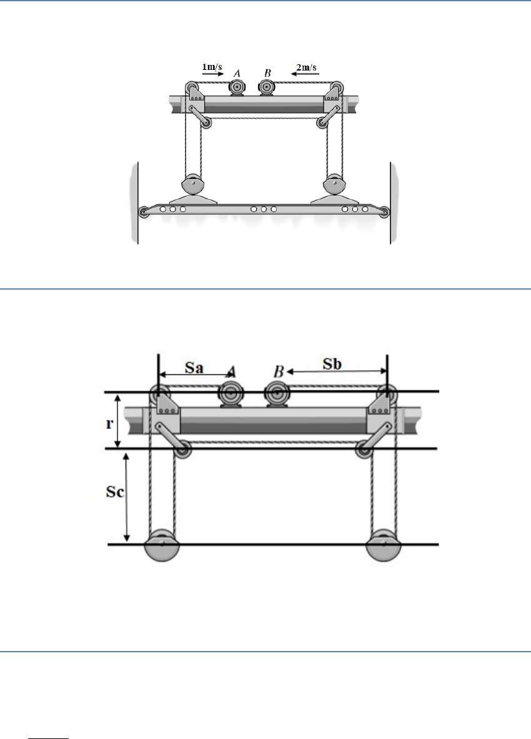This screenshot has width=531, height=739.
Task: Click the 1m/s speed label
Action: point(212,66)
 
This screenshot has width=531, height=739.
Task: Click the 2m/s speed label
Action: point(306,67)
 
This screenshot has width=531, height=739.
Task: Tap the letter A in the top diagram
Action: point(237,73)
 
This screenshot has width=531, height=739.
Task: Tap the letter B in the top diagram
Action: point(267,73)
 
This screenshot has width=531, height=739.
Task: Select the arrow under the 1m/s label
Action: point(213,74)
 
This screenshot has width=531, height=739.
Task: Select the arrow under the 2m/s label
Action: point(305,74)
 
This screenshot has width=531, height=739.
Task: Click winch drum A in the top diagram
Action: point(236,87)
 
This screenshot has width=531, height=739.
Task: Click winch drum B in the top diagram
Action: point(267,87)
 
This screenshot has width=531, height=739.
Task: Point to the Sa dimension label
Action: point(194,366)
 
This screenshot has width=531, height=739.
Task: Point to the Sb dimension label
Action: point(332,364)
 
